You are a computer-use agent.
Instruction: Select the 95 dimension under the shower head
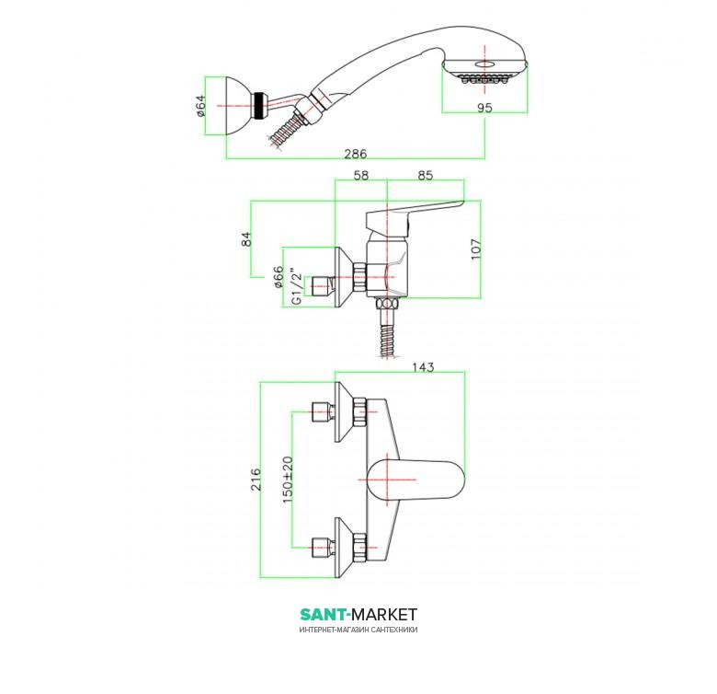(x=485, y=108)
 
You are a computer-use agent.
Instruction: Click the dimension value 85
(x=425, y=174)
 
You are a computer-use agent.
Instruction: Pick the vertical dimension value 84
(x=245, y=238)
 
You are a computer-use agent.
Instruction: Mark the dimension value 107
(x=474, y=249)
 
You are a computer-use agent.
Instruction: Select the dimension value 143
(x=424, y=366)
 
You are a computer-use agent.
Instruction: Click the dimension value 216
(x=256, y=479)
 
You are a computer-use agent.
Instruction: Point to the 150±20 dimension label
(x=287, y=480)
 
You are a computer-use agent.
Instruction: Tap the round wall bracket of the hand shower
(x=240, y=107)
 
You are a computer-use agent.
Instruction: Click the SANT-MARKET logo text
(x=358, y=614)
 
